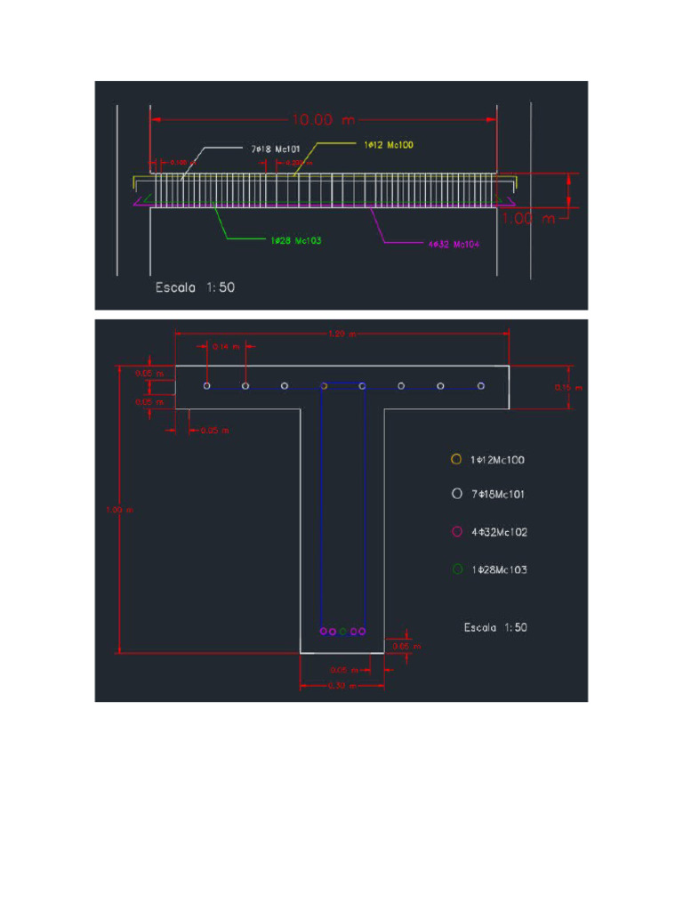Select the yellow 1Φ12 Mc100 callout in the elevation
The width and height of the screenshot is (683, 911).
[389, 144]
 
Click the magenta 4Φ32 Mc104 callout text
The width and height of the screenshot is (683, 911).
[454, 245]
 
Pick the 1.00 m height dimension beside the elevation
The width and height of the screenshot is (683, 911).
[528, 218]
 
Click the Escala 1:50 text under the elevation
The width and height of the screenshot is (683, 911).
[195, 287]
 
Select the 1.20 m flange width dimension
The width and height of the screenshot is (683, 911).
[341, 335]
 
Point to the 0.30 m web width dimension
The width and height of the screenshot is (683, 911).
[341, 686]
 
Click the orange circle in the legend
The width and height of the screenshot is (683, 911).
[456, 459]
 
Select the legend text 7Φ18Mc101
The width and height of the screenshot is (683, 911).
[497, 494]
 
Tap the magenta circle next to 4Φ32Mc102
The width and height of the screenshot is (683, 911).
[456, 532]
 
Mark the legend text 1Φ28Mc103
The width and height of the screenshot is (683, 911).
[499, 569]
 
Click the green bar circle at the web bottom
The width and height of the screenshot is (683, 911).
[342, 632]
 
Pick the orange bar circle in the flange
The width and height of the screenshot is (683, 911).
[324, 386]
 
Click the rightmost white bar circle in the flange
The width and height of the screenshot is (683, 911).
[480, 386]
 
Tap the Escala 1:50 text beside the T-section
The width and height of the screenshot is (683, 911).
[495, 627]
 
